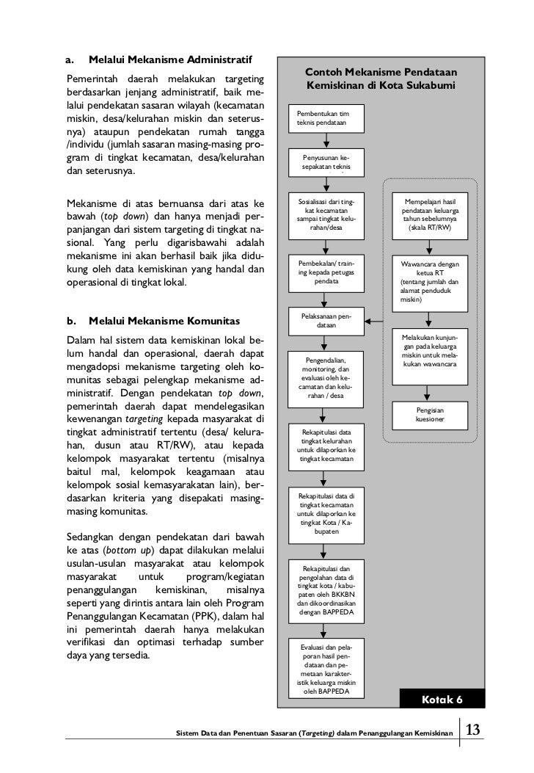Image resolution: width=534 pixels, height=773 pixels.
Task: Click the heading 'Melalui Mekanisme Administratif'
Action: tap(170, 58)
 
